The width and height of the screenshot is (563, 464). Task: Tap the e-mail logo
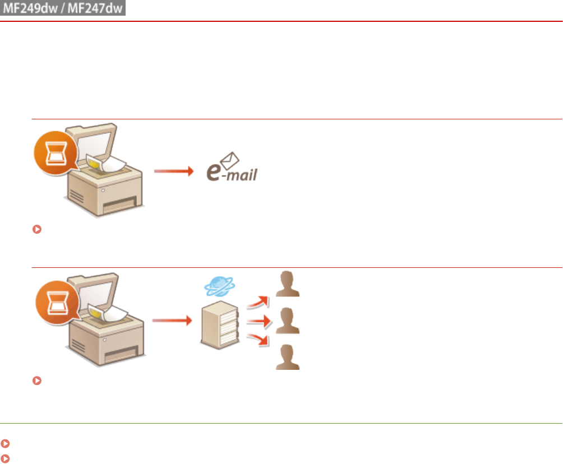(x=230, y=171)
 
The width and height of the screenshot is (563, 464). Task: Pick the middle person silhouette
(x=287, y=321)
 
